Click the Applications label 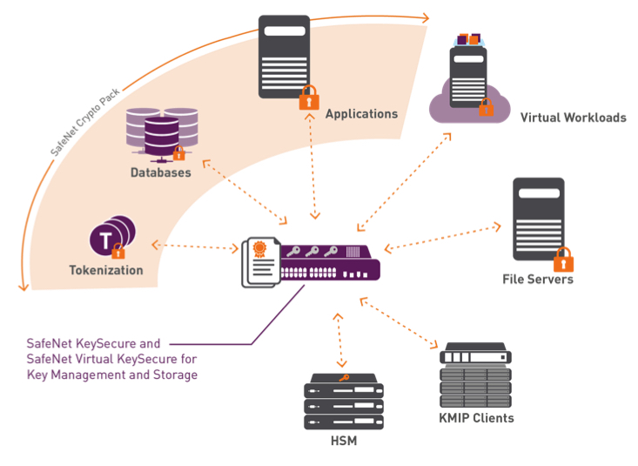(361, 114)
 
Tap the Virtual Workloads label (573, 118)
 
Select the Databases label (161, 172)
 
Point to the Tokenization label (106, 270)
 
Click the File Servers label (538, 280)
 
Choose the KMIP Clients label (476, 418)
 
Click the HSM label (344, 442)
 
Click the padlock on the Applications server (309, 98)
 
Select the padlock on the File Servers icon (563, 259)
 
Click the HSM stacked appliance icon (344, 402)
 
